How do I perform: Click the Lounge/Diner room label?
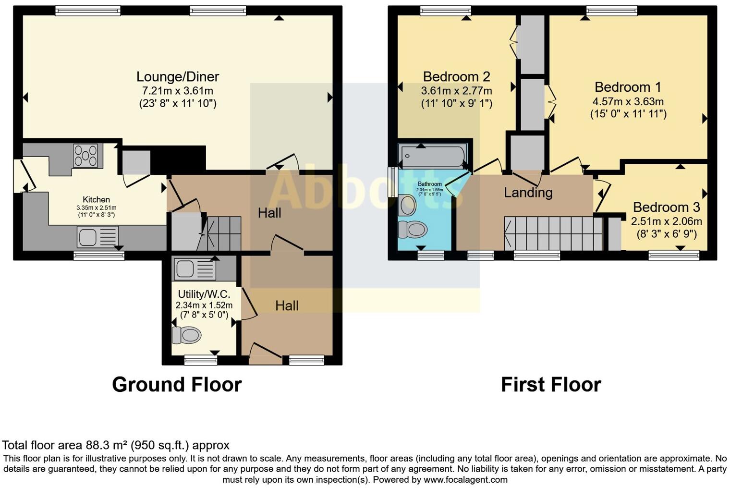178,77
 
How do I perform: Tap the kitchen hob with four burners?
85,155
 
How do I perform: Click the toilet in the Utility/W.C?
186,335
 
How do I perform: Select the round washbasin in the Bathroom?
408,205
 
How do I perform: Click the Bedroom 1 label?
628,87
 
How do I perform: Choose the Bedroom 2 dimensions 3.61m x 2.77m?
456,91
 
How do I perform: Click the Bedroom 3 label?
666,207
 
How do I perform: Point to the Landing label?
528,193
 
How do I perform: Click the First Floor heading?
551,385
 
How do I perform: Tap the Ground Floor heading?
177,385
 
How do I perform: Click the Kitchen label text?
96,200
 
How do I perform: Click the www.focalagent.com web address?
464,479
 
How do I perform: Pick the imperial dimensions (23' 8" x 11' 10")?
178,103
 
